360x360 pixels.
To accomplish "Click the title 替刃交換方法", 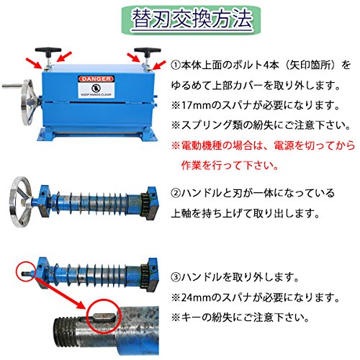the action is click(x=192, y=19).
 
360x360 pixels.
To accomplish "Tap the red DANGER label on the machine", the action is click(x=96, y=78).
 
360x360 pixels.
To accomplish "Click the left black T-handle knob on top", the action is click(x=48, y=50).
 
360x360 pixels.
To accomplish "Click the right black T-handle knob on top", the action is click(x=148, y=50).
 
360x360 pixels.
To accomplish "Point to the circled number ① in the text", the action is click(x=176, y=66).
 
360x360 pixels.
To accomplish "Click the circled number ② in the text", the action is click(x=176, y=193).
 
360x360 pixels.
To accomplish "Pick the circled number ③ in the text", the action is click(x=176, y=277).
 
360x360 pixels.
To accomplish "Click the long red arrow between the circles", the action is click(x=61, y=293).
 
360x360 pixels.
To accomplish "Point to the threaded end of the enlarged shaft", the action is click(x=65, y=331).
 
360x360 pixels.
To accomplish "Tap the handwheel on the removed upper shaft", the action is click(x=20, y=202).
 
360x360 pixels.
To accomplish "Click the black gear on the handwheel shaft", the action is click(x=145, y=204).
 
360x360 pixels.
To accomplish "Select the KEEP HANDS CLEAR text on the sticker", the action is click(x=96, y=94).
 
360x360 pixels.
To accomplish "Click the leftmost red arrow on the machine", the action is click(x=38, y=63).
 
